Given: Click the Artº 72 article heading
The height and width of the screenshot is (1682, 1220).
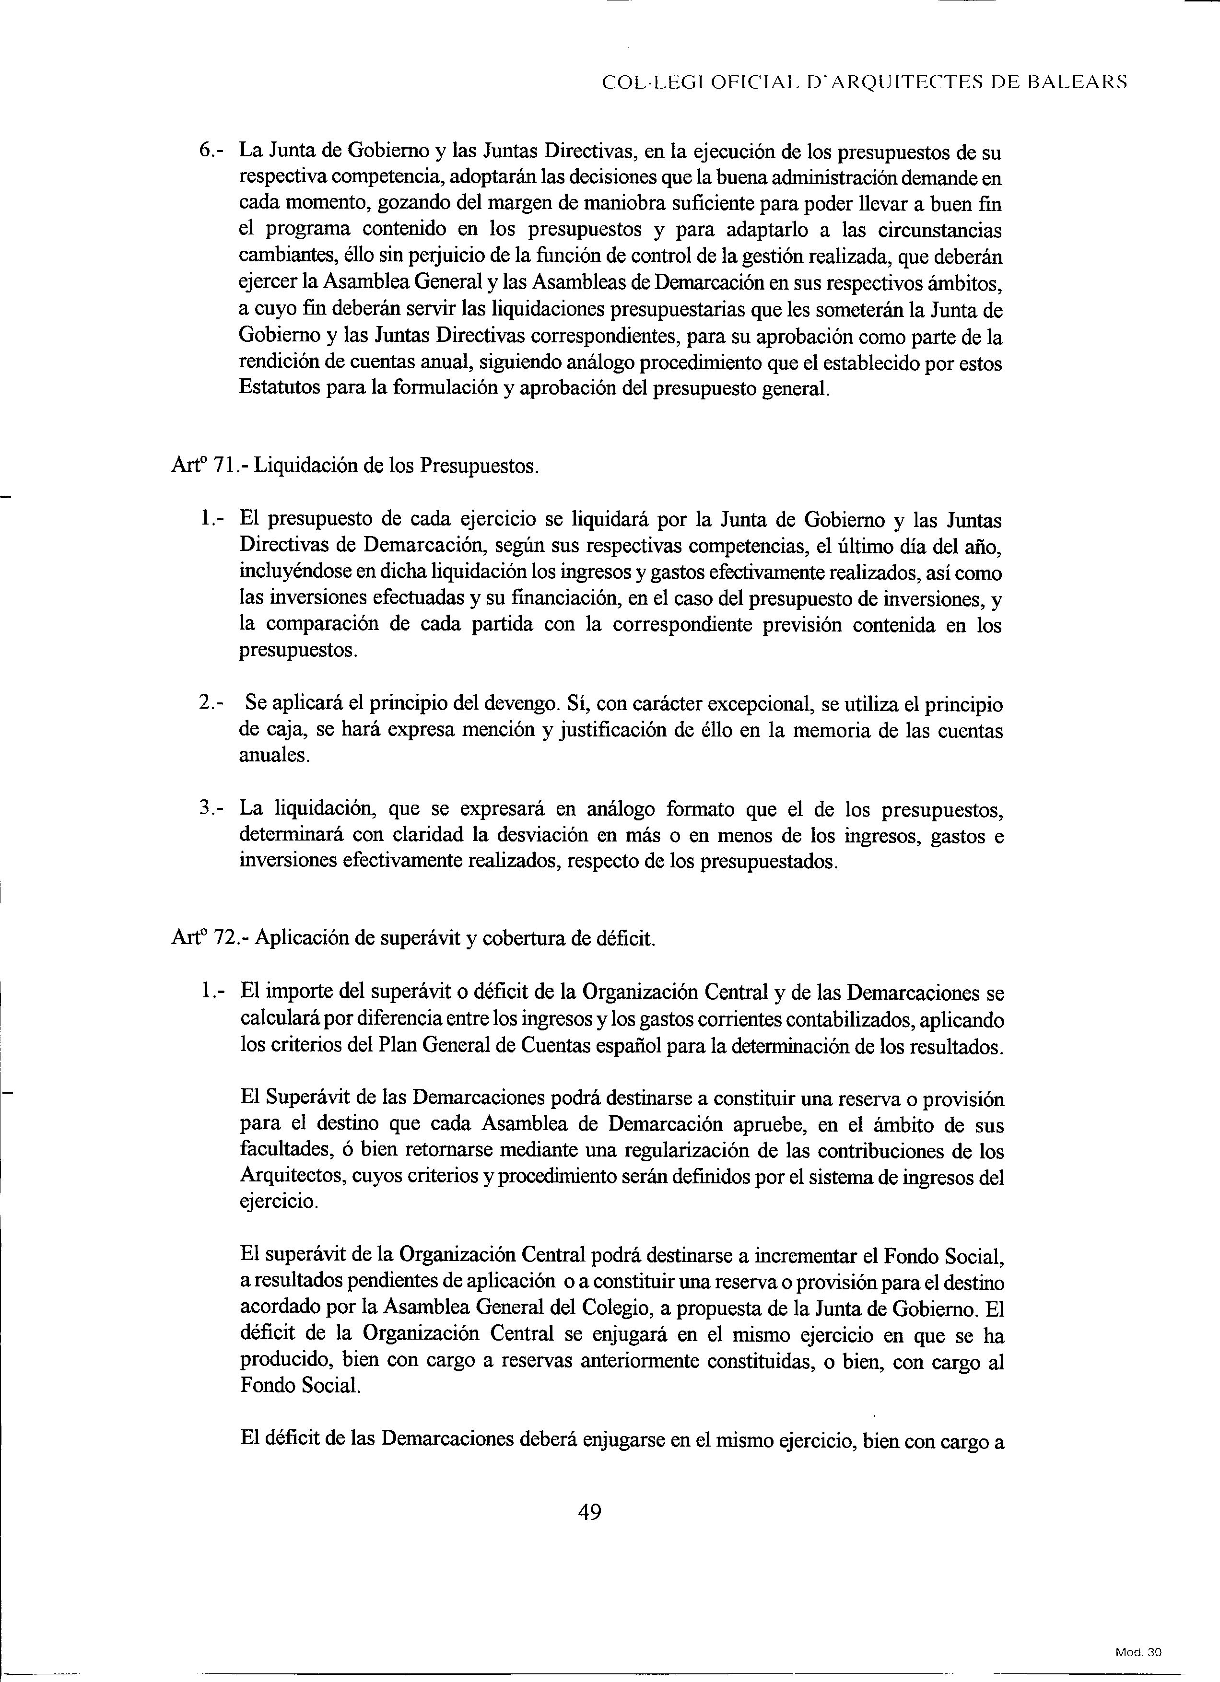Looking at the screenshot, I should click(x=413, y=938).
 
